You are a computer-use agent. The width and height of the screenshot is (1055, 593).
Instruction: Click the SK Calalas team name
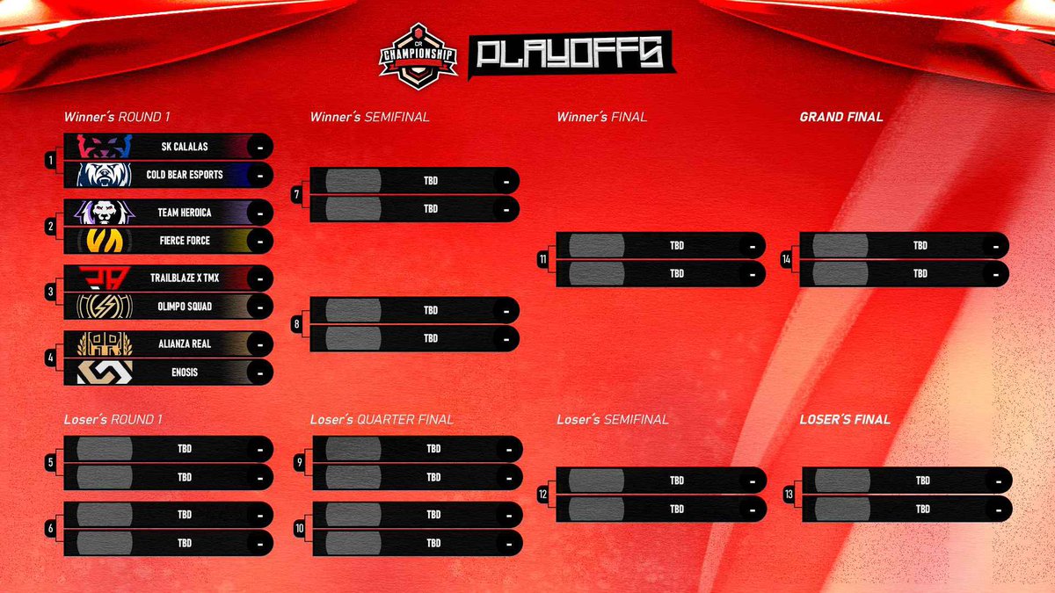(x=184, y=147)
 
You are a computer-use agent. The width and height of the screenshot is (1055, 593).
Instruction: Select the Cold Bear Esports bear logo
(x=104, y=175)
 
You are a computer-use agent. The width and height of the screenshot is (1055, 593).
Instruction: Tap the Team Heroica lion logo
(x=104, y=213)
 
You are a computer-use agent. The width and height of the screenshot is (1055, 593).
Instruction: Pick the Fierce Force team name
(x=184, y=241)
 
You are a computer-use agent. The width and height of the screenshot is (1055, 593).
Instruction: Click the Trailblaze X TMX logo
(x=104, y=278)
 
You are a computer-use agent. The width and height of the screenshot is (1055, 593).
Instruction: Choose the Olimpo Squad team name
(x=184, y=307)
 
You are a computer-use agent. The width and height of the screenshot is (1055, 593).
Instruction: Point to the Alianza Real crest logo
(x=104, y=344)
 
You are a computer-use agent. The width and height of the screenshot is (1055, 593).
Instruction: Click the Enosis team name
(x=184, y=372)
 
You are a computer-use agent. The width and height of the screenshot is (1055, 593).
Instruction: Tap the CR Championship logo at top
(x=418, y=55)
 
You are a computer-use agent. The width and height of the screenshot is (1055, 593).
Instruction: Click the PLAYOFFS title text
(x=571, y=55)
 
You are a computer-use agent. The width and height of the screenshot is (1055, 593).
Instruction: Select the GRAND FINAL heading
(x=841, y=117)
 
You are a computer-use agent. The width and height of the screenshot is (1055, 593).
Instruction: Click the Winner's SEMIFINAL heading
(x=369, y=117)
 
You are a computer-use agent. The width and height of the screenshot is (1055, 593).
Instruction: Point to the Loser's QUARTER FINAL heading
(x=382, y=420)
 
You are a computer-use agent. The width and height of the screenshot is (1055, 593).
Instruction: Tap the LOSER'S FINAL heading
(x=845, y=420)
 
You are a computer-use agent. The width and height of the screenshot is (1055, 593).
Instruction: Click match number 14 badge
(x=787, y=260)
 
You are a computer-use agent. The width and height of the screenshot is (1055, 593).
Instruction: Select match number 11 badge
(x=544, y=260)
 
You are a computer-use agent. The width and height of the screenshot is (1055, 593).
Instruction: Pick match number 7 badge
(x=298, y=195)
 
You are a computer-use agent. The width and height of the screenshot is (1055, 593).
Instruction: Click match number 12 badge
(x=544, y=495)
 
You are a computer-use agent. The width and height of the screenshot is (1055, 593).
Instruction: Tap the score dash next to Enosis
(x=260, y=372)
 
